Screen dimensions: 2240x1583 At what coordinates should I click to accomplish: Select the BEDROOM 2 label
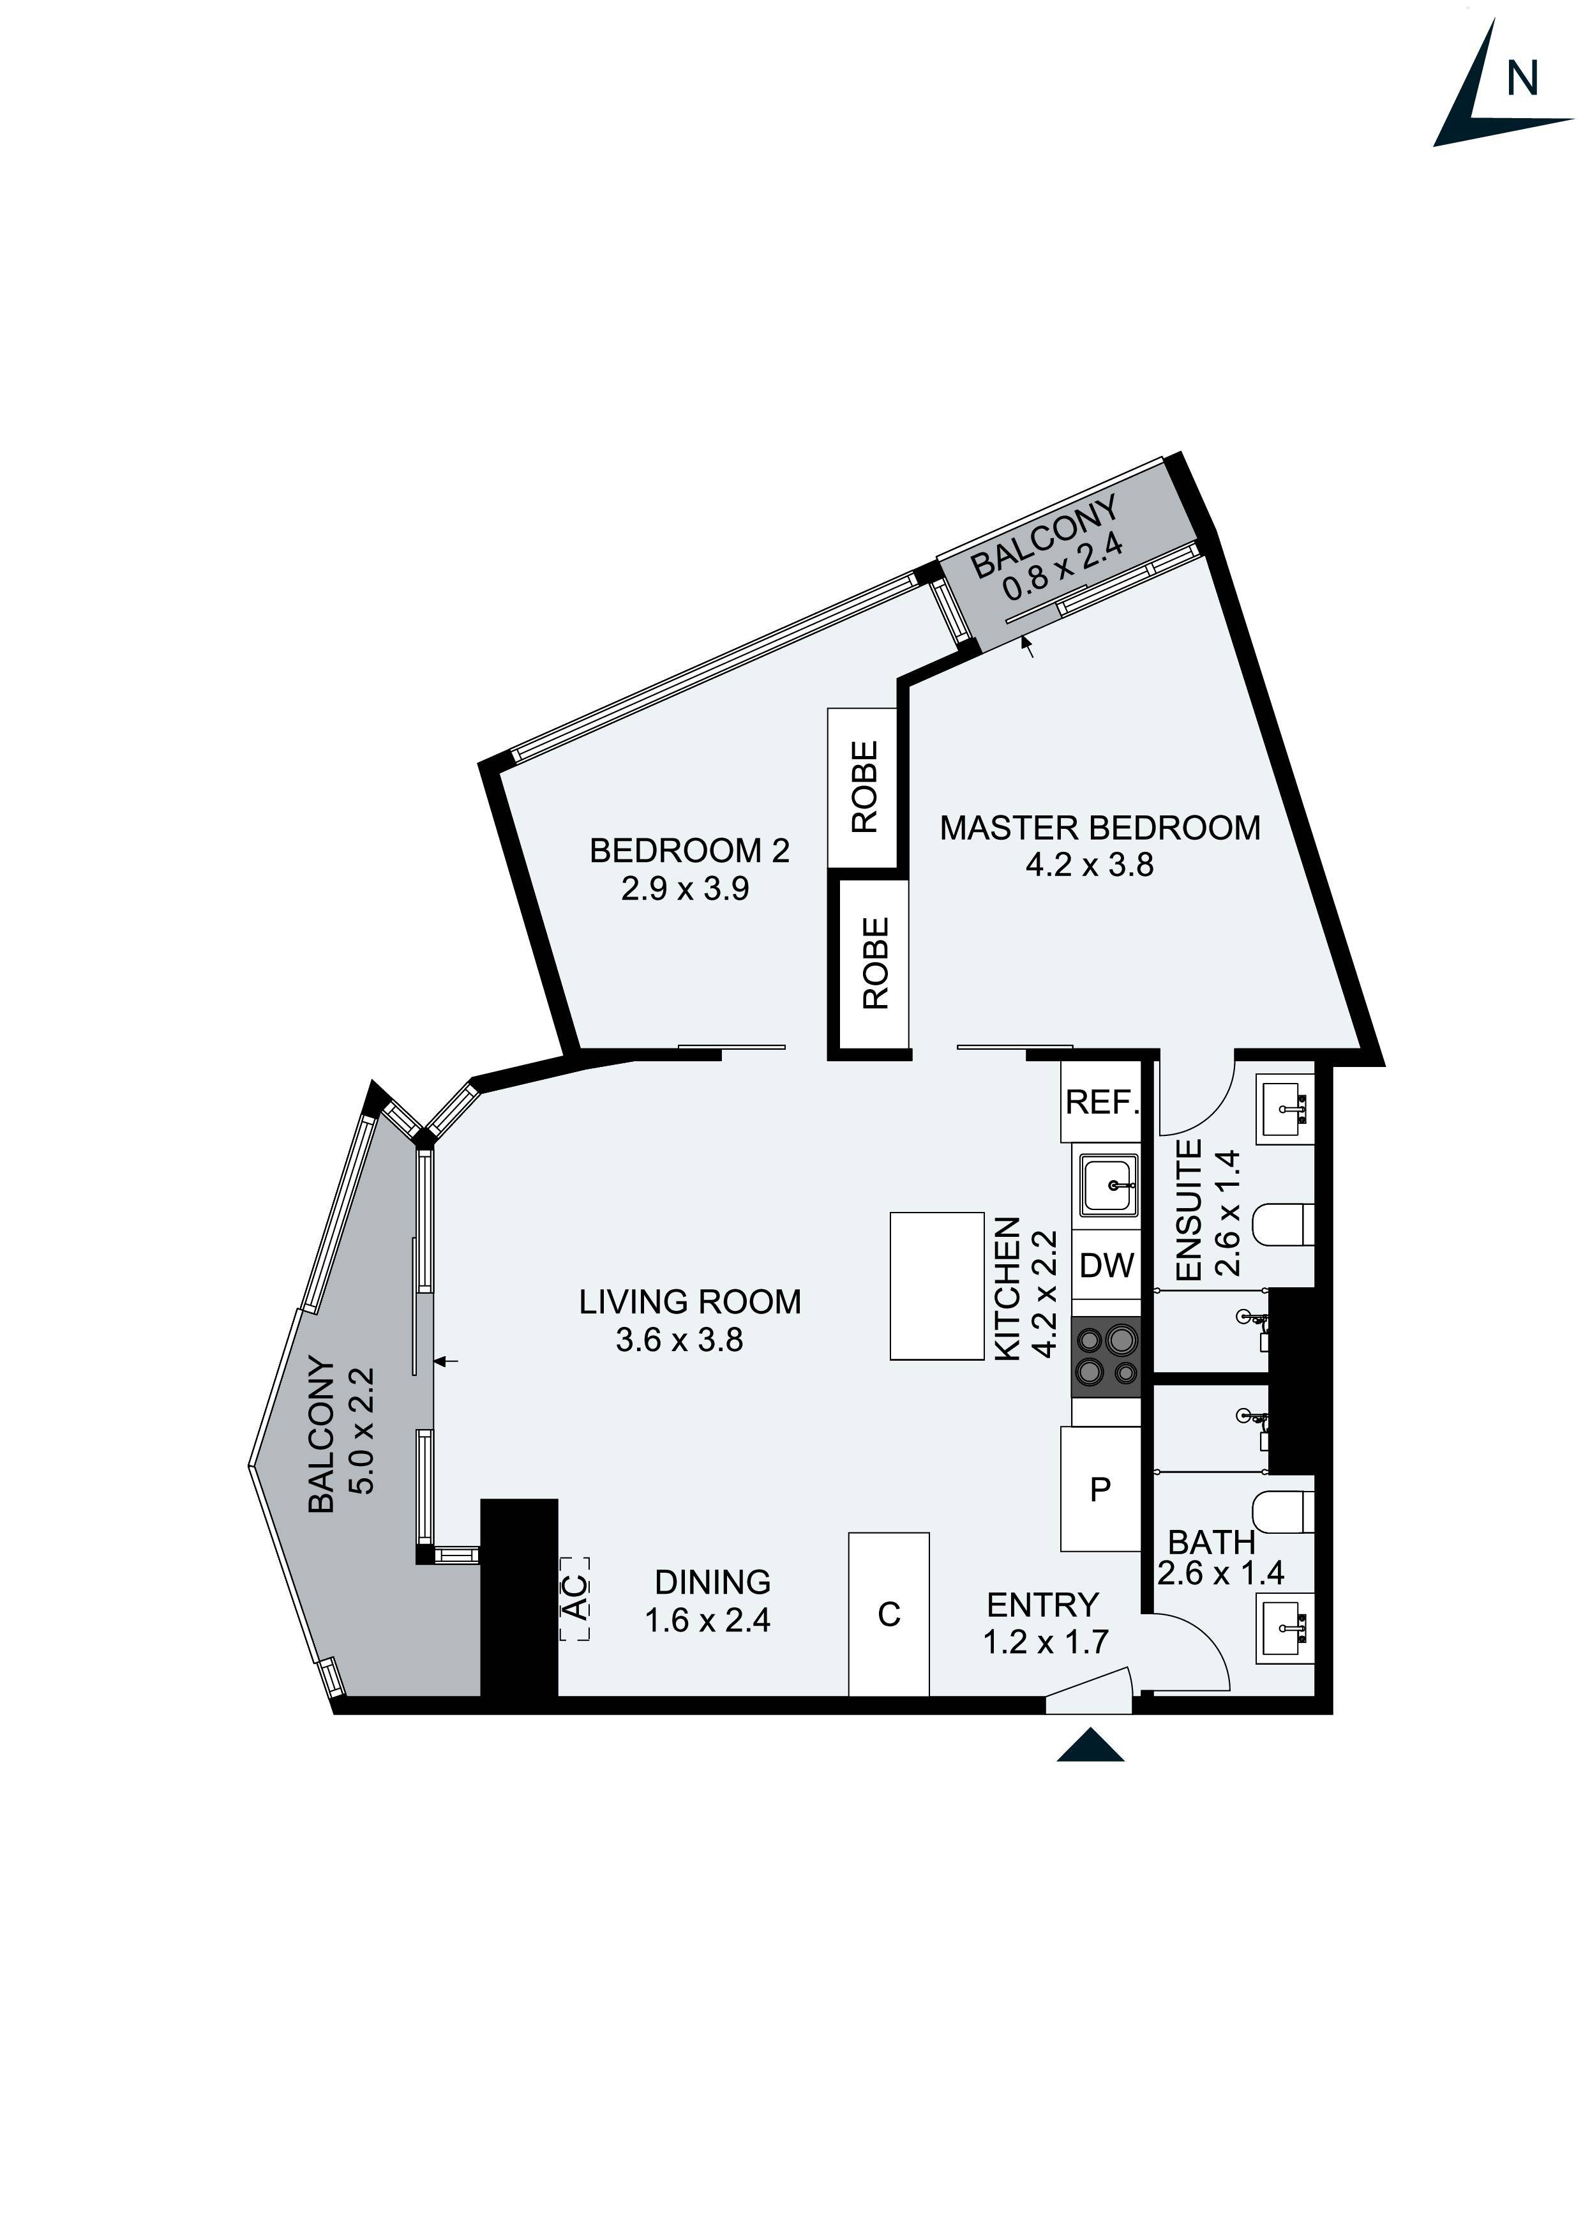(x=689, y=851)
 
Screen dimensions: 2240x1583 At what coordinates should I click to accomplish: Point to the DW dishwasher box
(x=1106, y=1266)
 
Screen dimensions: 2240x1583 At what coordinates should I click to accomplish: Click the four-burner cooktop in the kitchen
(x=1106, y=1356)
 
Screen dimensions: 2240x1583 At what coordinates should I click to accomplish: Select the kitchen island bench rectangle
(x=936, y=1286)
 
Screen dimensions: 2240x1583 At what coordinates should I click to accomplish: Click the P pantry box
(x=1100, y=1489)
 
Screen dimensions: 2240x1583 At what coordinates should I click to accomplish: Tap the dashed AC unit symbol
(x=576, y=1597)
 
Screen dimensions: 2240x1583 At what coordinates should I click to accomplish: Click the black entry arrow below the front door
(x=1090, y=1745)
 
